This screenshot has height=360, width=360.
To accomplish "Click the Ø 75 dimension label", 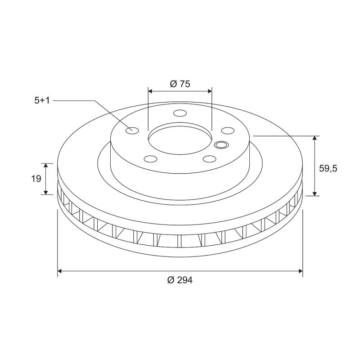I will pos(180,84).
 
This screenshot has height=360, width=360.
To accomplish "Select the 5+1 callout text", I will pos(42,101).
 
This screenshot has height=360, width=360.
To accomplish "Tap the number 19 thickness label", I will pos(37,179).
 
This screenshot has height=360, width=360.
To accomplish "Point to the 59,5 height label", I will pos(328,168).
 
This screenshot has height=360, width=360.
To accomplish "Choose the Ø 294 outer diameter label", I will pos(180,280).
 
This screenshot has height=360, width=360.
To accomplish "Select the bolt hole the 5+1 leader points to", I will pos(133,131).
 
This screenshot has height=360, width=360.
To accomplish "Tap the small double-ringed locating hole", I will pos(221,144).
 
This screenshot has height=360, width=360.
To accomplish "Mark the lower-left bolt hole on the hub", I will pos(150,158).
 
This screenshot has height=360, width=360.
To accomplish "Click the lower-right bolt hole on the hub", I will pos(209,158).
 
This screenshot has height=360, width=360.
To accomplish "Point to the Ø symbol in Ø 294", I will pos(171,280).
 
